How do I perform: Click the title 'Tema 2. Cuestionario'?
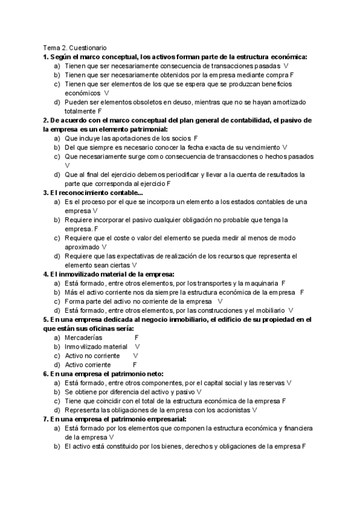pyautogui.click(x=74, y=47)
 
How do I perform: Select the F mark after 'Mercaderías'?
pyautogui.click(x=136, y=338)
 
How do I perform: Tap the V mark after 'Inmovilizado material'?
pyautogui.click(x=137, y=346)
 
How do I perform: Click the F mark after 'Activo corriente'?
pyautogui.click(x=134, y=364)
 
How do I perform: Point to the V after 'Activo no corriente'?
pyautogui.click(x=135, y=355)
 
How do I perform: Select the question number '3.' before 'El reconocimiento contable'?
pyautogui.click(x=46, y=193)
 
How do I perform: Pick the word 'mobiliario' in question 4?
pyautogui.click(x=266, y=310)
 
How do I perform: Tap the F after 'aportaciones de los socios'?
pyautogui.click(x=196, y=138)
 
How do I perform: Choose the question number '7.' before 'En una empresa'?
pyautogui.click(x=46, y=419)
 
